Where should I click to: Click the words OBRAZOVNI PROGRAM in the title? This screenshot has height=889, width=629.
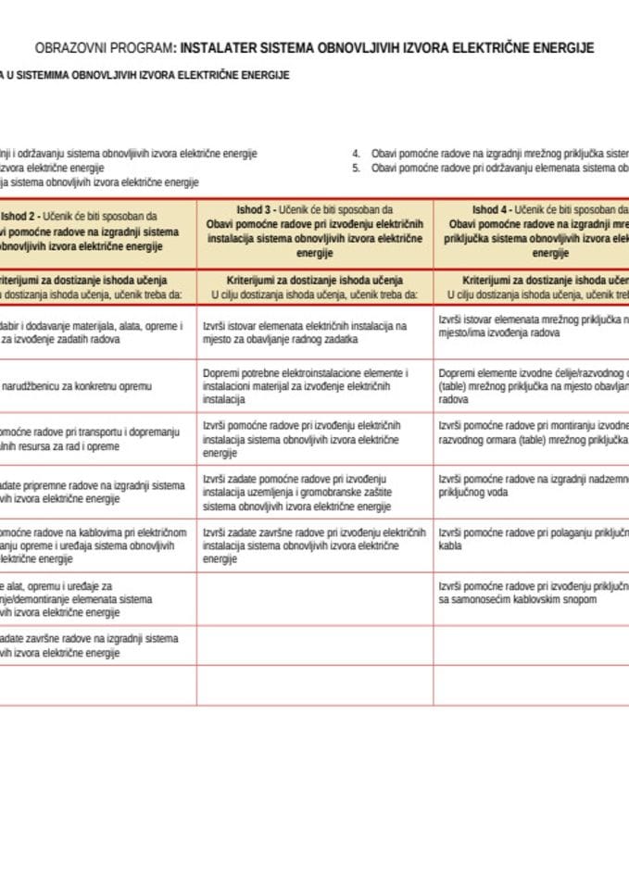pos(103,47)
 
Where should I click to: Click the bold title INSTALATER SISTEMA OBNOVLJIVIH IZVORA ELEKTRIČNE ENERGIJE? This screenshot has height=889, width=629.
pos(387,47)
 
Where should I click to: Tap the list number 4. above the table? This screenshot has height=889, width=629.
pos(356,153)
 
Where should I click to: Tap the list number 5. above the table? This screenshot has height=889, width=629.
pos(356,168)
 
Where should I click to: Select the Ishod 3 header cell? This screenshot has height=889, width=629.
pos(314,232)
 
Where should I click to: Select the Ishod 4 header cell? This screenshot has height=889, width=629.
pos(531,232)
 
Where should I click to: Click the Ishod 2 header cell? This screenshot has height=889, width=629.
pos(97,232)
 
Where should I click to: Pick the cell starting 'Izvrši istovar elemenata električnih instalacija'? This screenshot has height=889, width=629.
pos(314,332)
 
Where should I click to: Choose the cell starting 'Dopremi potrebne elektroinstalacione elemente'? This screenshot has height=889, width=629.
pos(314,385)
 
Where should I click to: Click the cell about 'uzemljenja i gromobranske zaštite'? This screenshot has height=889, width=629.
pos(314,493)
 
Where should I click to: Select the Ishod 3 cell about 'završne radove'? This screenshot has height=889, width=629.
pos(314,546)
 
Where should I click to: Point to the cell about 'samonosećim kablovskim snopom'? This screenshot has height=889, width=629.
pos(531,593)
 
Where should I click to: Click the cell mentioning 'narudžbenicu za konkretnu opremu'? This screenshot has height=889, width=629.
pos(97,385)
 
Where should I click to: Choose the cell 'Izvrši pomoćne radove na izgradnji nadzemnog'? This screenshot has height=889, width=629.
pos(531,486)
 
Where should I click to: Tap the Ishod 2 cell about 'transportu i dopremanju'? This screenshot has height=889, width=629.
pos(97,439)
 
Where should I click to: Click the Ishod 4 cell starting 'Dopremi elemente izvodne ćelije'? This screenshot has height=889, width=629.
pos(531,385)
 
